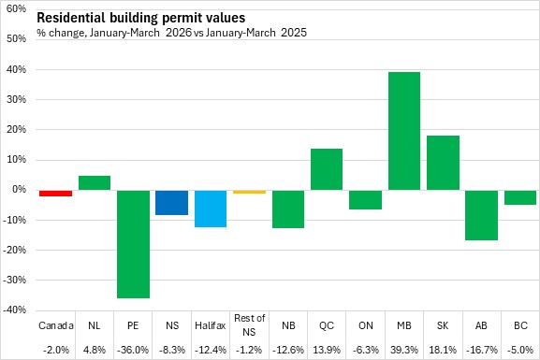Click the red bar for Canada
click(56, 193)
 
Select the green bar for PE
click(133, 244)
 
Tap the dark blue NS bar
click(172, 202)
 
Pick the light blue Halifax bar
click(211, 209)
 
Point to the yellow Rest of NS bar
click(249, 192)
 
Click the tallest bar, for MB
click(404, 131)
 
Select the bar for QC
click(327, 169)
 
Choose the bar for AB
click(481, 215)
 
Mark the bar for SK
click(443, 163)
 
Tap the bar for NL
click(95, 182)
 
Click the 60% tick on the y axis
click(16, 8)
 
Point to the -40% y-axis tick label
click(14, 310)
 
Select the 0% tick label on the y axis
click(20, 189)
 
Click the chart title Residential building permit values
click(141, 18)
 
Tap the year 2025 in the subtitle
click(294, 33)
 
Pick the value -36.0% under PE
click(133, 350)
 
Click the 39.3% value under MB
click(404, 350)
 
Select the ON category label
click(365, 325)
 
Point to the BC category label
click(520, 325)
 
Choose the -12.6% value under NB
click(288, 350)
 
